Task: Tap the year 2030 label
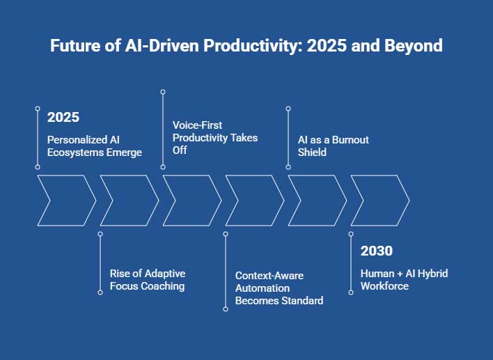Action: pos(376,251)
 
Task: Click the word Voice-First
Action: pos(198,125)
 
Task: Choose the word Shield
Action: pos(312,152)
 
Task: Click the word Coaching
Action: pos(163,286)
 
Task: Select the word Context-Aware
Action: pos(269,276)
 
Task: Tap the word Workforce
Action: pos(384,286)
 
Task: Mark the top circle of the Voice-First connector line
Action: pos(163,91)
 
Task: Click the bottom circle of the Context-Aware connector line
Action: pos(226,308)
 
